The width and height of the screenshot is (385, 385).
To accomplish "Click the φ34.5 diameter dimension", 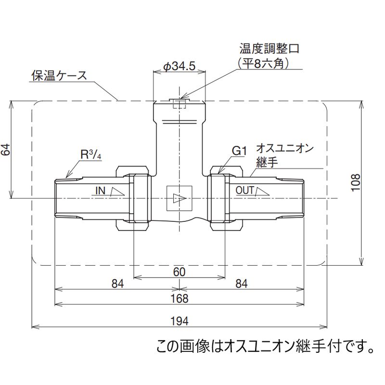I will pyautogui.click(x=179, y=66).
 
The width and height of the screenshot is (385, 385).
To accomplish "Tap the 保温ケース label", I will pyautogui.click(x=59, y=76).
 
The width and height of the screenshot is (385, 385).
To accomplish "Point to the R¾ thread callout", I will pyautogui.click(x=90, y=155).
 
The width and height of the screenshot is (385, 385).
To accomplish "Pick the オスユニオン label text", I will pyautogui.click(x=284, y=148).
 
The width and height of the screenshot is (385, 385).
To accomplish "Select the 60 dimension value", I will pyautogui.click(x=179, y=271).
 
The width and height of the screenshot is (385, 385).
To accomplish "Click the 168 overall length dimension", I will pyautogui.click(x=179, y=298).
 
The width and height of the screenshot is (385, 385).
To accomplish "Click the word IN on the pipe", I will pyautogui.click(x=100, y=191).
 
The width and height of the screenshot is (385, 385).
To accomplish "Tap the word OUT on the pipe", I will pyautogui.click(x=244, y=191).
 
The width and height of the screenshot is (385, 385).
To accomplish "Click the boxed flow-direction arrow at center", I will pyautogui.click(x=179, y=198).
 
